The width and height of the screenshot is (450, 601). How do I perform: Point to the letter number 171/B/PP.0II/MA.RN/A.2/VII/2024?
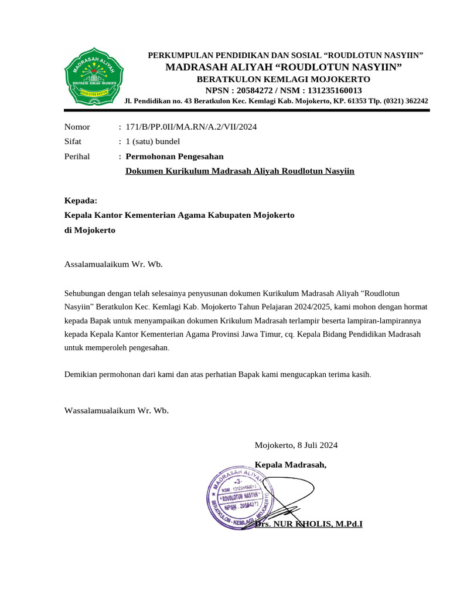coord(187,127)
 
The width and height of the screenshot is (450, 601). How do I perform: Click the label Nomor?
coord(77,127)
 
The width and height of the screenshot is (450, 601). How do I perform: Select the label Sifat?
coord(73,141)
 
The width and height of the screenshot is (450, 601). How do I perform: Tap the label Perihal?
coord(77,157)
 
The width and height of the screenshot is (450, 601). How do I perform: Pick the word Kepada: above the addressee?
coord(81,201)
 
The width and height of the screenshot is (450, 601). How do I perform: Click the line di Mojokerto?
coord(90,230)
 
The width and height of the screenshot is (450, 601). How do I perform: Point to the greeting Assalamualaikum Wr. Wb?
coord(113,264)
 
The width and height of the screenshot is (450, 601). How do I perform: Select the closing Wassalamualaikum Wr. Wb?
coord(116,410)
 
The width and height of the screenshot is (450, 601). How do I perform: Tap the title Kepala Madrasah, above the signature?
coord(291,465)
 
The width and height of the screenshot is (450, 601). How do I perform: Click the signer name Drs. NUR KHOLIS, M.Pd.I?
coord(309,523)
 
